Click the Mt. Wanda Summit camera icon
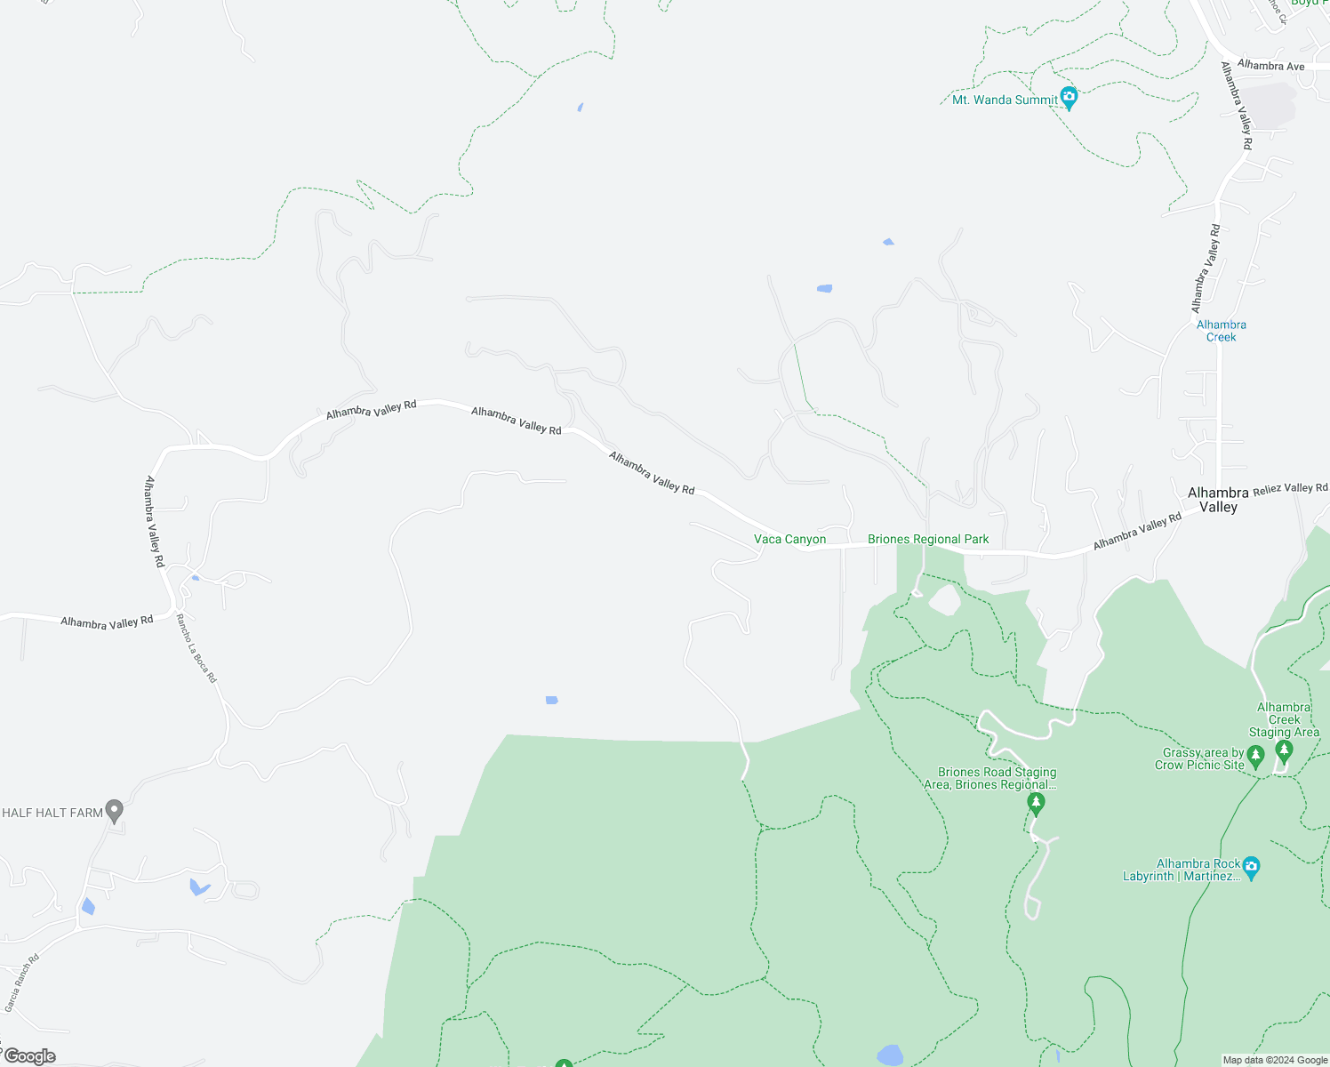1069,97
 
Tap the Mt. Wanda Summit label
1005,100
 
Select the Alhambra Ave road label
1270,66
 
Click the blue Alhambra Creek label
1221,331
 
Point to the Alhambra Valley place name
1218,500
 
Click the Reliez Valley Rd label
1290,488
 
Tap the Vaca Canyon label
789,539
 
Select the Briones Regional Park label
928,539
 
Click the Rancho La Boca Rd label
196,648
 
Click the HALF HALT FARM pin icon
114,810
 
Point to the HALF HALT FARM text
52,813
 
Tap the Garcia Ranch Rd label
22,983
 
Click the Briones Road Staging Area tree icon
1035,804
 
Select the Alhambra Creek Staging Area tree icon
1283,751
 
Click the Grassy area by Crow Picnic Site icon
1255,757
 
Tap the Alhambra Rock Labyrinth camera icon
1251,867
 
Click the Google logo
29,1056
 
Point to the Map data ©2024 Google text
1275,1060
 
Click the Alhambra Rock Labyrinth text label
1182,870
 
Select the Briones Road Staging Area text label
997,778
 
